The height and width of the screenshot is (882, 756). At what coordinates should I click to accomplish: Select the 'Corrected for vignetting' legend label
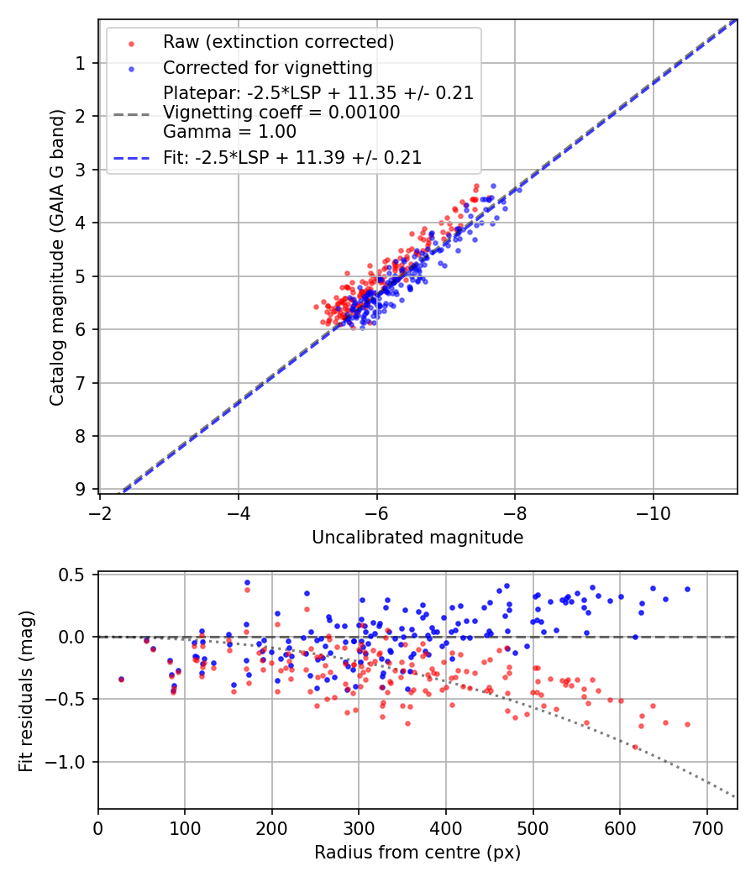[x=268, y=67]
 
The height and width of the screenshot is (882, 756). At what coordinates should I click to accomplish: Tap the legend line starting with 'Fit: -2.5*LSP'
[x=292, y=157]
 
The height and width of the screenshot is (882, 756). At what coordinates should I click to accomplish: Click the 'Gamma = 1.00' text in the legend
[x=229, y=131]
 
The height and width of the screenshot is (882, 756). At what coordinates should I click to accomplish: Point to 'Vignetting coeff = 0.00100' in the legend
[x=281, y=113]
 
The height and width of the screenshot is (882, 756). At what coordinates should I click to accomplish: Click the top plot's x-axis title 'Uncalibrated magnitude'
[x=417, y=538]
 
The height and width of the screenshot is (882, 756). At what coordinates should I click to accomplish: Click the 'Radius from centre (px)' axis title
[x=417, y=853]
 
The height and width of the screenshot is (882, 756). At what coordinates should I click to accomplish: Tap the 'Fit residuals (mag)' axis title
[x=26, y=690]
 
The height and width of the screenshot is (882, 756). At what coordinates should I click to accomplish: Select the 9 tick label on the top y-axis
[x=81, y=489]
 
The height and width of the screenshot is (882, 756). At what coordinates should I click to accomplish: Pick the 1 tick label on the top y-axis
[x=81, y=64]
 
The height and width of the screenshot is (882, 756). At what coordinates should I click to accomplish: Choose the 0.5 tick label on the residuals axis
[x=74, y=575]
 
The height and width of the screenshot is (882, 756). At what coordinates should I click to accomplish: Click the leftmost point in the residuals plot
[x=121, y=679]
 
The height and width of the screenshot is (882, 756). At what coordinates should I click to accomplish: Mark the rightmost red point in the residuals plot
[x=687, y=724]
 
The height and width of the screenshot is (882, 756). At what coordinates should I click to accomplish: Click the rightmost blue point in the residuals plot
[x=687, y=589]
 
